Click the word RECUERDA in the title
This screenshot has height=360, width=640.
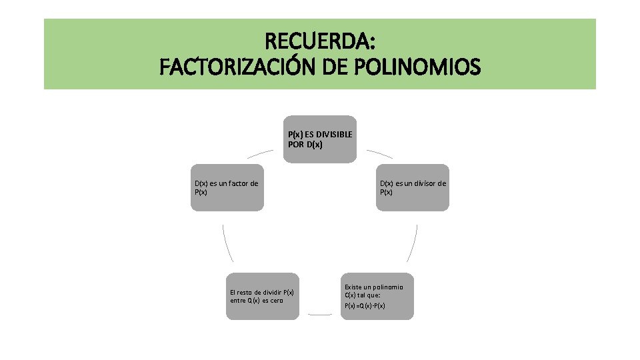pyautogui.click(x=320, y=42)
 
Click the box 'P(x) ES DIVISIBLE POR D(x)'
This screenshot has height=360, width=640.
pyautogui.click(x=320, y=139)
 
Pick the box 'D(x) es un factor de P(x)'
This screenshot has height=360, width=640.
pyautogui.click(x=227, y=187)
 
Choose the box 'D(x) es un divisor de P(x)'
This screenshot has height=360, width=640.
pyautogui.click(x=413, y=187)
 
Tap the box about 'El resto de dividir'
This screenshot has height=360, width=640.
pyautogui.click(x=262, y=296)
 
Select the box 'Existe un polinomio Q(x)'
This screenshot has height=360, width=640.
pyautogui.click(x=377, y=296)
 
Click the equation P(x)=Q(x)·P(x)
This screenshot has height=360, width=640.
pyautogui.click(x=365, y=305)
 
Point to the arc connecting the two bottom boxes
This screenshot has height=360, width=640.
pyautogui.click(x=320, y=314)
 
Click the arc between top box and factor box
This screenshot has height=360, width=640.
pyautogui.click(x=260, y=153)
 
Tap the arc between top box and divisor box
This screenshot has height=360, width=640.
pyautogui.click(x=379, y=153)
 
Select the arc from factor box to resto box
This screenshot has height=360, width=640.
pyautogui.click(x=227, y=243)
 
